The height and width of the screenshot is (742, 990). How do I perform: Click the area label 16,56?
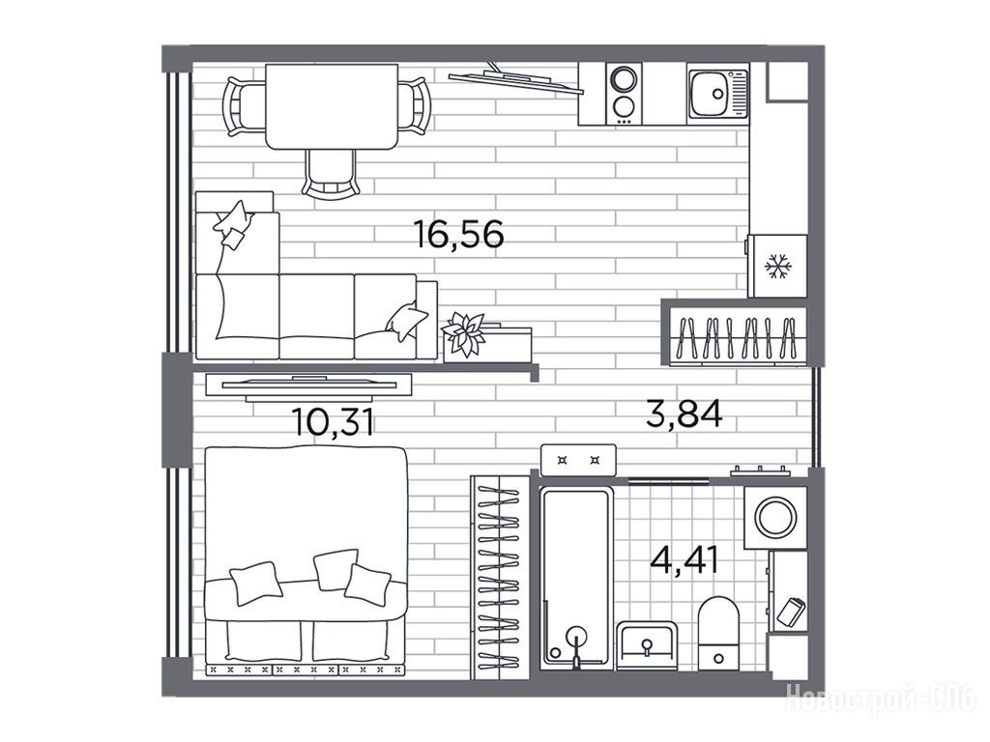point(458,234)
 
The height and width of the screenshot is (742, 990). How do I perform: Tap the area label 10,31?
point(333,421)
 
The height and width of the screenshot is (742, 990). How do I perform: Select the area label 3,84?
point(684,414)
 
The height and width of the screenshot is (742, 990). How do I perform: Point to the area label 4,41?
point(685,559)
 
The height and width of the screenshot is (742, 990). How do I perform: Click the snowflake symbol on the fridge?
point(778,267)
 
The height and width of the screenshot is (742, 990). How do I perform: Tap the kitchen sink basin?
point(712,94)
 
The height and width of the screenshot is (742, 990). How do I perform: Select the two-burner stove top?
point(624,94)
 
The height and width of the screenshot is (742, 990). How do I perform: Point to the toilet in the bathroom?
point(718,633)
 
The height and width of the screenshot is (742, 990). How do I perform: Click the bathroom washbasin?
point(647,645)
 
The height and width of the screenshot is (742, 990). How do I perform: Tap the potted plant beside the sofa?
point(465,334)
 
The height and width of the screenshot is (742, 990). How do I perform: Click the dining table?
point(332,106)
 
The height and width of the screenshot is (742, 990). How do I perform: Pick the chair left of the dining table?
point(245,106)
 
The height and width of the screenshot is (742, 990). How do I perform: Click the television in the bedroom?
point(309,386)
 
